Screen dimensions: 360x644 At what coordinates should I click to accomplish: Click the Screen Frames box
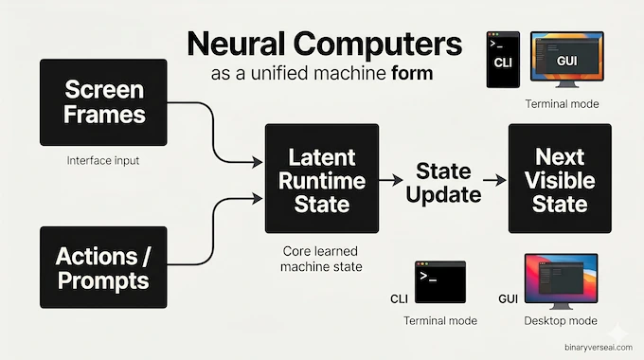[x=103, y=101]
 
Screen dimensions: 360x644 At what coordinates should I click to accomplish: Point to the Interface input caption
[x=103, y=161]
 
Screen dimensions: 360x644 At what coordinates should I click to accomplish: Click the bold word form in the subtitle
[x=412, y=74]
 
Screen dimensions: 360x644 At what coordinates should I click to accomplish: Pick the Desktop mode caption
[x=561, y=321]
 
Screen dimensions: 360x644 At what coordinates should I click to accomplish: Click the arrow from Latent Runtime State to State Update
[x=391, y=178]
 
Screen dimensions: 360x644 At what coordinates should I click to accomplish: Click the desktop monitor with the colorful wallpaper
[x=561, y=279]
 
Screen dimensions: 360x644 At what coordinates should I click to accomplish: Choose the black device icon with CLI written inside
[x=503, y=59]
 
